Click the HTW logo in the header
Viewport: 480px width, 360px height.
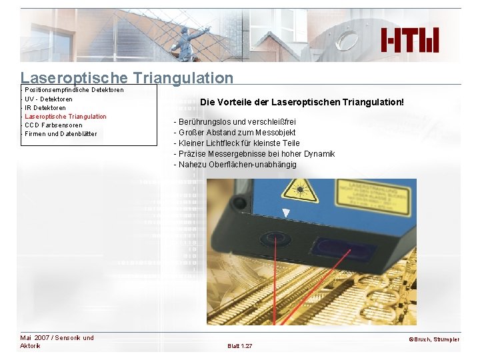point(410,41)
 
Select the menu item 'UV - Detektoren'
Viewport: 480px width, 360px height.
point(49,99)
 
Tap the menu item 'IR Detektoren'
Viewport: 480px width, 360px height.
point(45,107)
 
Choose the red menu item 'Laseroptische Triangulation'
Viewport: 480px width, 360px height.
point(65,116)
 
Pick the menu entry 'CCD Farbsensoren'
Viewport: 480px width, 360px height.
point(53,125)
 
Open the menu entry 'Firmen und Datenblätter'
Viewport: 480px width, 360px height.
point(61,133)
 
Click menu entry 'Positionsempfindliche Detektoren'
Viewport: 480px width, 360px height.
point(73,90)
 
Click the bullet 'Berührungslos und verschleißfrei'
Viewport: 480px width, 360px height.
point(235,122)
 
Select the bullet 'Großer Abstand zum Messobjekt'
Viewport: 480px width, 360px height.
point(235,133)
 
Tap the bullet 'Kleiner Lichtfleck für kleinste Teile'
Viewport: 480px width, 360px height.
point(237,143)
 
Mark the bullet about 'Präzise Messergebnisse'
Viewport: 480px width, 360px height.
point(254,154)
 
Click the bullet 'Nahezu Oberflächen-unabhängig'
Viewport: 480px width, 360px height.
point(235,165)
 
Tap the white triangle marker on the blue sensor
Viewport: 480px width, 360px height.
point(286,213)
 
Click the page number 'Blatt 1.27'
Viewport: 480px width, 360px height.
point(240,346)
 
